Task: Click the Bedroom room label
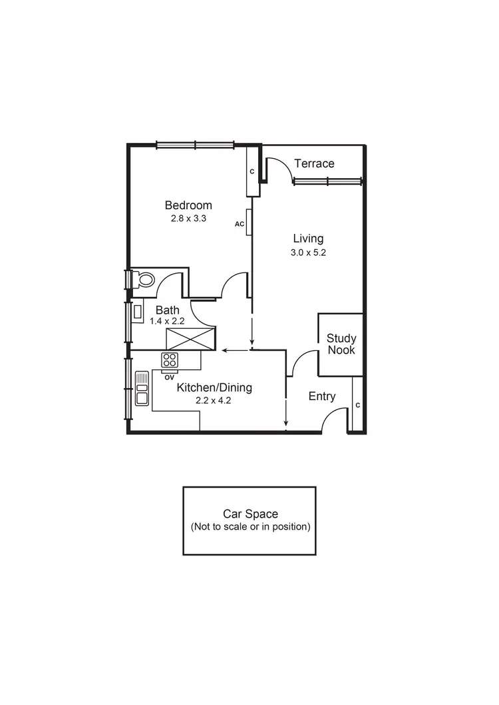[188, 205]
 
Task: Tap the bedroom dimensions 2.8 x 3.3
[188, 218]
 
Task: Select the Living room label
[308, 239]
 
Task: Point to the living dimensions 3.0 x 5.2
[308, 252]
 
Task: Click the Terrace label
[314, 163]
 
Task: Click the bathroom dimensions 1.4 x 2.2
[167, 321]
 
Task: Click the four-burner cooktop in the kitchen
[170, 359]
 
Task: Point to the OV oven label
[169, 377]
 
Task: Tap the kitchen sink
[142, 389]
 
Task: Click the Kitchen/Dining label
[214, 388]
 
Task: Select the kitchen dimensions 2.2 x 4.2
[214, 401]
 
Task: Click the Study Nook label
[341, 344]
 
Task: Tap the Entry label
[322, 397]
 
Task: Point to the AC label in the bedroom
[240, 224]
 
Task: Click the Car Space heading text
[250, 514]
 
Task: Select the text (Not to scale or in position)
[250, 527]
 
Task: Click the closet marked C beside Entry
[357, 405]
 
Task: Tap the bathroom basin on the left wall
[138, 311]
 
